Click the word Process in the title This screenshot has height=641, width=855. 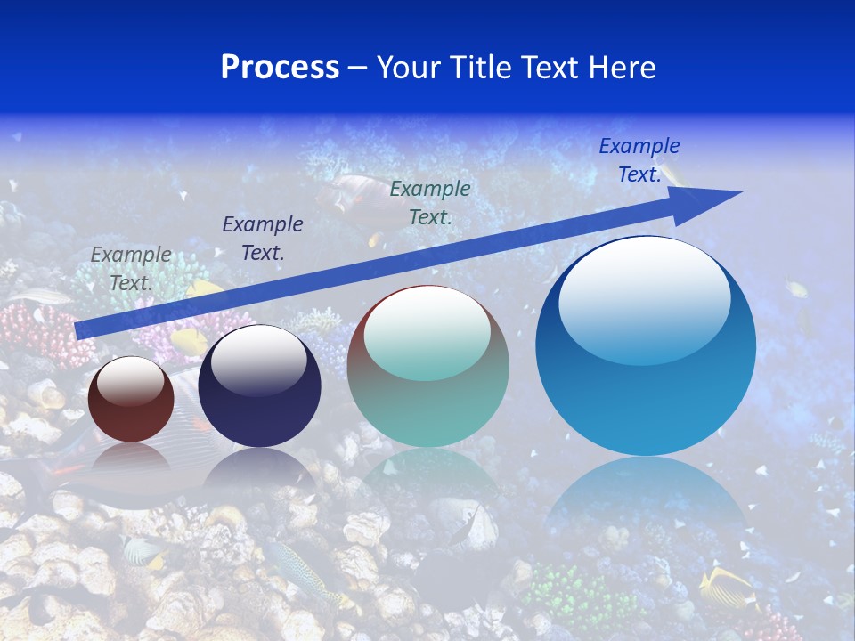(x=280, y=68)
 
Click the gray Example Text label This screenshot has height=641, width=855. (x=131, y=269)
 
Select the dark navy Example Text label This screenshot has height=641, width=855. (x=262, y=239)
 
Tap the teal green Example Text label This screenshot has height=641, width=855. (x=430, y=203)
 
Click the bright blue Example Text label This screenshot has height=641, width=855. (x=639, y=160)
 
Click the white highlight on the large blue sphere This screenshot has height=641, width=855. (x=644, y=298)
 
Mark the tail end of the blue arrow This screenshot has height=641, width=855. (x=78, y=331)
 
